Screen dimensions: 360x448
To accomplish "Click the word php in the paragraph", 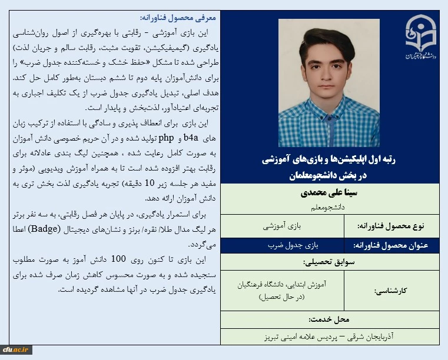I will [167, 139].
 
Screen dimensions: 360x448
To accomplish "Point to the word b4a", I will [191, 139].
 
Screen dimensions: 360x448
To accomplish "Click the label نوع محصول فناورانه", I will [400, 226].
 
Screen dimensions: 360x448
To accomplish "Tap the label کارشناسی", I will [406, 291].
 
